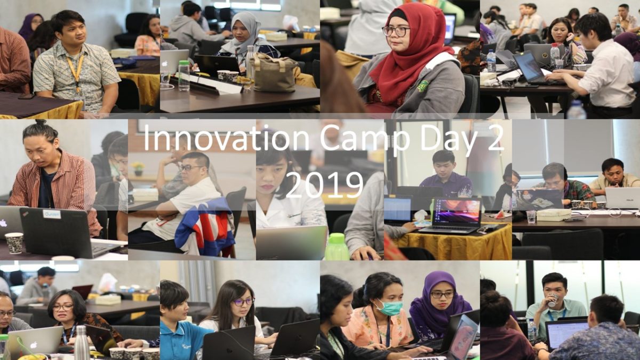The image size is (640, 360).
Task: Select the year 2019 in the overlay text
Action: tap(325, 185)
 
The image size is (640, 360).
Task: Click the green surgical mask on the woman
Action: tap(387, 307)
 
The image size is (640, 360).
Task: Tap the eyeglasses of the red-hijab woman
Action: tap(395, 31)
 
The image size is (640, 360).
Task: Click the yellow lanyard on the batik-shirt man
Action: tap(76, 71)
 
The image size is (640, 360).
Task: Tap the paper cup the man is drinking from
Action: tap(553, 300)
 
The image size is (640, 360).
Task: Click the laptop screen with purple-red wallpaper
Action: tap(457, 212)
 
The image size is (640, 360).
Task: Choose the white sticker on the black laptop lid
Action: tap(52, 214)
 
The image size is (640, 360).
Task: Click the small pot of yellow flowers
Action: tap(138, 169)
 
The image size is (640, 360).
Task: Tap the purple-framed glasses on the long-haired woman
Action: tap(243, 302)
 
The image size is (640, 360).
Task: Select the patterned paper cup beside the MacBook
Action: tap(14, 243)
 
